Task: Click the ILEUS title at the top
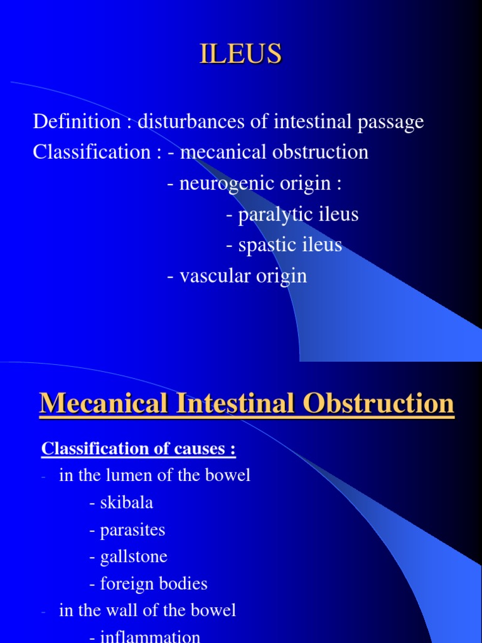[241, 54]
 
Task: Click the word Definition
[69, 122]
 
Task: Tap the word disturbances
[191, 122]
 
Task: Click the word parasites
[133, 530]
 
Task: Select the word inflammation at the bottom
[151, 637]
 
